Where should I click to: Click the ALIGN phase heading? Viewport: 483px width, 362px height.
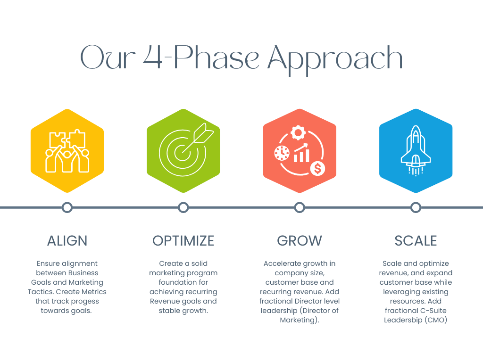click(x=67, y=241)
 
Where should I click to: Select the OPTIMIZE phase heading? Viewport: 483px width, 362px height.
click(x=183, y=241)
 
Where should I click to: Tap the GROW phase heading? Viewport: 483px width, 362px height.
click(x=300, y=241)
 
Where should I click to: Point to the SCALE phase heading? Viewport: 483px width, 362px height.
click(x=416, y=241)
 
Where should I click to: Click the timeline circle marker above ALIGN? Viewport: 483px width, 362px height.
click(x=67, y=207)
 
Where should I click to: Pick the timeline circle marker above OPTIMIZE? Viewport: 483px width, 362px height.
click(x=183, y=207)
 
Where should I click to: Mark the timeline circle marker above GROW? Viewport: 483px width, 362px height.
click(x=300, y=207)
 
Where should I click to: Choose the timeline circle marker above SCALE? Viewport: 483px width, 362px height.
click(x=416, y=207)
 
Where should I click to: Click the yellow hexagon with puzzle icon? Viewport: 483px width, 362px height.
click(x=67, y=151)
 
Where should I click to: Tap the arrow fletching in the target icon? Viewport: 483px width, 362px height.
click(x=203, y=133)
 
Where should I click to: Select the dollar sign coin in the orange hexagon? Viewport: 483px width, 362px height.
click(x=317, y=169)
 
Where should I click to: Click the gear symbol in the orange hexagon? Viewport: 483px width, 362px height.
click(x=298, y=132)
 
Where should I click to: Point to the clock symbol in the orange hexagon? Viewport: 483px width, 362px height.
click(x=282, y=153)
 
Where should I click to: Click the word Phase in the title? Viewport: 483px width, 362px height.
click(x=217, y=57)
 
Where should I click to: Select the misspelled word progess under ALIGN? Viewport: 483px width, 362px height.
click(x=85, y=301)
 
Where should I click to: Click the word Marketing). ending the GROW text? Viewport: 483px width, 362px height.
click(x=300, y=320)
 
